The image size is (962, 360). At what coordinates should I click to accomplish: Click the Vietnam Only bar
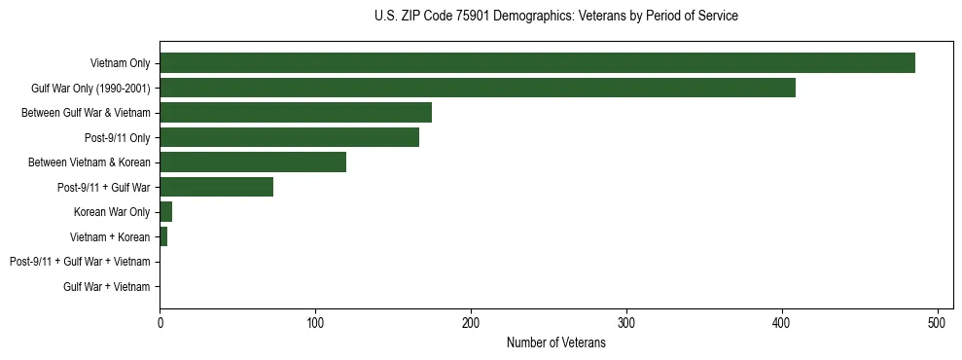[537, 63]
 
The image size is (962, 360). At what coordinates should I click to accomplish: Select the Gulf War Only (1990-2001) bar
[478, 88]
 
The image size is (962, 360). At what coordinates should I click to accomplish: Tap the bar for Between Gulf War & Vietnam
[296, 113]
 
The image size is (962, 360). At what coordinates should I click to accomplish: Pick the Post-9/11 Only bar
[289, 137]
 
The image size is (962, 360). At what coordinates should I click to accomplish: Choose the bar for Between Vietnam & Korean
[253, 162]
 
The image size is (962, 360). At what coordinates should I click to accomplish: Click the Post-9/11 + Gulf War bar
[216, 187]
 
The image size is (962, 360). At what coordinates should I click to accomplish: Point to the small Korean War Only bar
[165, 212]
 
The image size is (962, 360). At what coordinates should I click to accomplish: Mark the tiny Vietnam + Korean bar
[163, 236]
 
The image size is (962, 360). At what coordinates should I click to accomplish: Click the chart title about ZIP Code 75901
[555, 17]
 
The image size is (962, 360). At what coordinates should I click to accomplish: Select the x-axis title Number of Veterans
[555, 342]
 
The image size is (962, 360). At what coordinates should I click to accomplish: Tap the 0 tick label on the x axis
[160, 323]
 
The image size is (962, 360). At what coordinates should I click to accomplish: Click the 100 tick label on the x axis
[315, 323]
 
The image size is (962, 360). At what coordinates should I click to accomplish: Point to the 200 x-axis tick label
[471, 323]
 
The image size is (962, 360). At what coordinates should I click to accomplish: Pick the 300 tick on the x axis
[626, 323]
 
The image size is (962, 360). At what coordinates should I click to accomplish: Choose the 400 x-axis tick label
[782, 323]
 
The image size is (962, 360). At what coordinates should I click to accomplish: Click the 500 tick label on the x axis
[938, 323]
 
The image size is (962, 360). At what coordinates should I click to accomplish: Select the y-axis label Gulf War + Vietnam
[106, 287]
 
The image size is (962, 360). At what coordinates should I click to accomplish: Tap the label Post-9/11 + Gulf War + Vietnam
[80, 262]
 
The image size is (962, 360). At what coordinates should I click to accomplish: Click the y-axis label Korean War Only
[112, 212]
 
